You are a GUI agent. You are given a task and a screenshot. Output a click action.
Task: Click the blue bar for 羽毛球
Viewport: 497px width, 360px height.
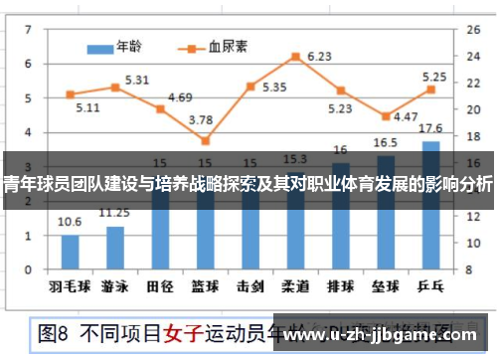pyautogui.click(x=71, y=251)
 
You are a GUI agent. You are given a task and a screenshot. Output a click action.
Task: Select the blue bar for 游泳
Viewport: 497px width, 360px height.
pyautogui.click(x=115, y=247)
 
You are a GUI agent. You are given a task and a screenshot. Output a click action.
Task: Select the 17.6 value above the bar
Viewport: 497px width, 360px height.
pyautogui.click(x=430, y=128)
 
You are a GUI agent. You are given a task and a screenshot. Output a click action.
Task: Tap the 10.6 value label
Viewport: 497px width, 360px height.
pyautogui.click(x=71, y=223)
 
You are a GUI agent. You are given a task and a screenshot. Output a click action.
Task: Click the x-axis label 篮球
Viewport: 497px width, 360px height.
pyautogui.click(x=205, y=285)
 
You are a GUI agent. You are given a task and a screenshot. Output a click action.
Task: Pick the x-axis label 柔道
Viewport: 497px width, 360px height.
pyautogui.click(x=295, y=285)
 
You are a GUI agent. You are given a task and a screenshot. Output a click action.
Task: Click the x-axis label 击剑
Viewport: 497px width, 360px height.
pyautogui.click(x=249, y=285)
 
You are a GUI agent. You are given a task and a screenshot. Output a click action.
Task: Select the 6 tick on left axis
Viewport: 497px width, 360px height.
pyautogui.click(x=28, y=64)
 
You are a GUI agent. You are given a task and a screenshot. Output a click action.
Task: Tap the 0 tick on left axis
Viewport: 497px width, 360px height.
pyautogui.click(x=28, y=268)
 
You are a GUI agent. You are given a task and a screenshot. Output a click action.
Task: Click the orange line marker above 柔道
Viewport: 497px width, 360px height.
pyautogui.click(x=295, y=57)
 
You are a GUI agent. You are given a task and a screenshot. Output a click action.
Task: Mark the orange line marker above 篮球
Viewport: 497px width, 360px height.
pyautogui.click(x=205, y=140)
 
